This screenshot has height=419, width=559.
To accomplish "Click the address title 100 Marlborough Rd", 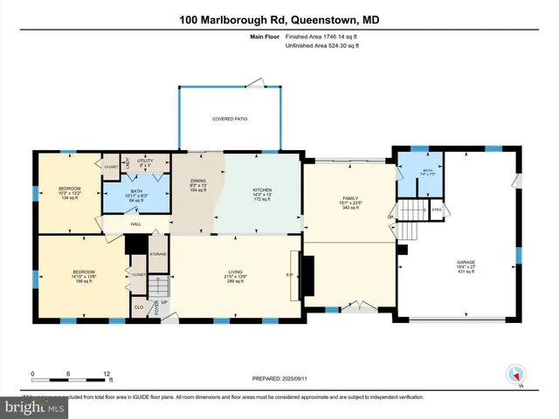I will click(x=279, y=19).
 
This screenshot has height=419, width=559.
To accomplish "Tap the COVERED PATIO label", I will click(x=230, y=119).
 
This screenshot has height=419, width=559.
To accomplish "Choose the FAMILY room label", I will click(x=350, y=200).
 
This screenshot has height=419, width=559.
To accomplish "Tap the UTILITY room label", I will click(x=145, y=161).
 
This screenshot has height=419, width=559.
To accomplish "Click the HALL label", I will click(x=136, y=223).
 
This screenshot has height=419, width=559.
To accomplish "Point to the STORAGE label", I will click(x=157, y=254).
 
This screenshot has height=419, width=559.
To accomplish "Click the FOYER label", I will click(x=157, y=307).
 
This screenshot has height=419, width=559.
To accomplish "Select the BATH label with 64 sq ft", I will click(x=135, y=195).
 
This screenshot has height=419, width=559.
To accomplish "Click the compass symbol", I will click(x=516, y=374).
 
